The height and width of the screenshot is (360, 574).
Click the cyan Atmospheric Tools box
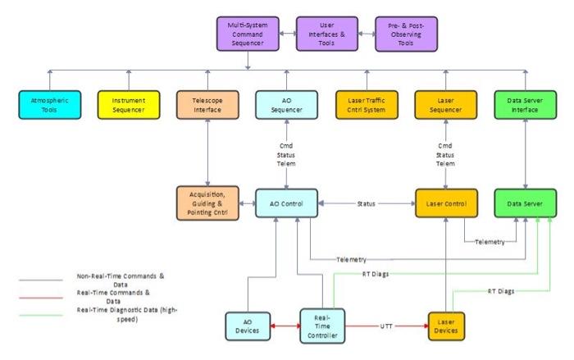tap(48, 104)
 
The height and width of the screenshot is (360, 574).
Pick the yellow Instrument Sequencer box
tap(127, 104)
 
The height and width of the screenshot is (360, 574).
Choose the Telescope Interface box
tap(207, 104)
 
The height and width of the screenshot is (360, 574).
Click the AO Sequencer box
tap(285, 104)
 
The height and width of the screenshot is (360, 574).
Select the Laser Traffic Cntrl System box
tap(366, 104)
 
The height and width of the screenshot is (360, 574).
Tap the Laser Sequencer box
tap(444, 104)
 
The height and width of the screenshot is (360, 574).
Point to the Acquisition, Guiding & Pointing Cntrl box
tap(207, 203)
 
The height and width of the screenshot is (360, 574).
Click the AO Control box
tap(285, 202)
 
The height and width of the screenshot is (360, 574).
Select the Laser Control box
tap(445, 202)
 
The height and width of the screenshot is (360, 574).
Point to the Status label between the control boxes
tap(366, 202)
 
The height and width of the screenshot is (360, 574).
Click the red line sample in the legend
tap(41, 294)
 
